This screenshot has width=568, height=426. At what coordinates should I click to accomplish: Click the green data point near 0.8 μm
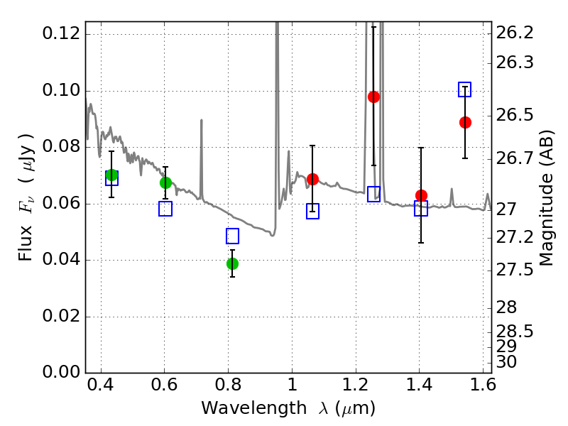tap(233, 263)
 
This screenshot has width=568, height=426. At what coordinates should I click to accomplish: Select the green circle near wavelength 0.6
tap(165, 182)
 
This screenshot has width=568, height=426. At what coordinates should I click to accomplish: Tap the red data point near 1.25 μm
tap(374, 97)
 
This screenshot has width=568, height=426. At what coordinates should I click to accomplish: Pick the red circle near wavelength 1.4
tap(421, 196)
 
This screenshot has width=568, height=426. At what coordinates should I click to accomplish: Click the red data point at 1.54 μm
tap(465, 122)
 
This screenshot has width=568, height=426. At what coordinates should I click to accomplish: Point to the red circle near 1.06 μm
tap(312, 179)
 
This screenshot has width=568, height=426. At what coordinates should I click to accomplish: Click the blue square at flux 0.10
tap(465, 89)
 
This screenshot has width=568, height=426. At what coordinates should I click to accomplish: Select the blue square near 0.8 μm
tap(233, 236)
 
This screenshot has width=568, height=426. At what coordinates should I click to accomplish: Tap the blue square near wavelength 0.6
tap(165, 209)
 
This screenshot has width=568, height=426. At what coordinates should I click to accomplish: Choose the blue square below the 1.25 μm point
tap(374, 194)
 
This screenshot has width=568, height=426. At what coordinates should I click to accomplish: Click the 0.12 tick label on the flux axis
tap(61, 33)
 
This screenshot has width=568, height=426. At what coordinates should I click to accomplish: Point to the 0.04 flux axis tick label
tap(61, 260)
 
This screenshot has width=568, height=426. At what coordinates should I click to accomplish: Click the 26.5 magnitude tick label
tap(514, 115)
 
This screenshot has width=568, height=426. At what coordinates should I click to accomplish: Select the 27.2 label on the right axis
tap(514, 238)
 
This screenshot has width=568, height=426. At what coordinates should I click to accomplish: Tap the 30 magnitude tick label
tap(506, 361)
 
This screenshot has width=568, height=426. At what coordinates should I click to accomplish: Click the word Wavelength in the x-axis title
tap(254, 408)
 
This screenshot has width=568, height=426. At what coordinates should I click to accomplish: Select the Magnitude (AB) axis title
tap(546, 198)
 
